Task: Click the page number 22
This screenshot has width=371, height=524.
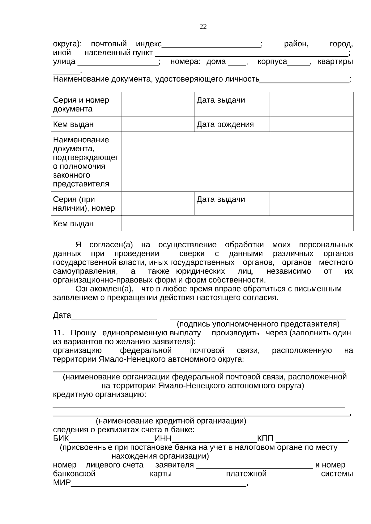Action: coord(203,27)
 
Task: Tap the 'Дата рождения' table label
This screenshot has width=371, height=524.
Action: coord(225,124)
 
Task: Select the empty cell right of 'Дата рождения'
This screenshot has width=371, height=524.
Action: coord(311,124)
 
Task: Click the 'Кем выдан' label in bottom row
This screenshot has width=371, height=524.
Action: coord(73,224)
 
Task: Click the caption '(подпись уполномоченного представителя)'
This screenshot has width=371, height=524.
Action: coord(258,324)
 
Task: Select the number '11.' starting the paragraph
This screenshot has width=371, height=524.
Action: coord(58,333)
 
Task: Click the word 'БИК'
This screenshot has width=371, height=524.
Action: coord(61,439)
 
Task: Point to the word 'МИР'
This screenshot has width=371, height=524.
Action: coord(62,483)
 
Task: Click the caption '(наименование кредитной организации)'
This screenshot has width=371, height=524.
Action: coord(171,421)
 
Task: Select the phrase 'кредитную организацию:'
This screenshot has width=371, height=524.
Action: coord(100,395)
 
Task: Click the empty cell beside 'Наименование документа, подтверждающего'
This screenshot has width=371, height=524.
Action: coord(237,161)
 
